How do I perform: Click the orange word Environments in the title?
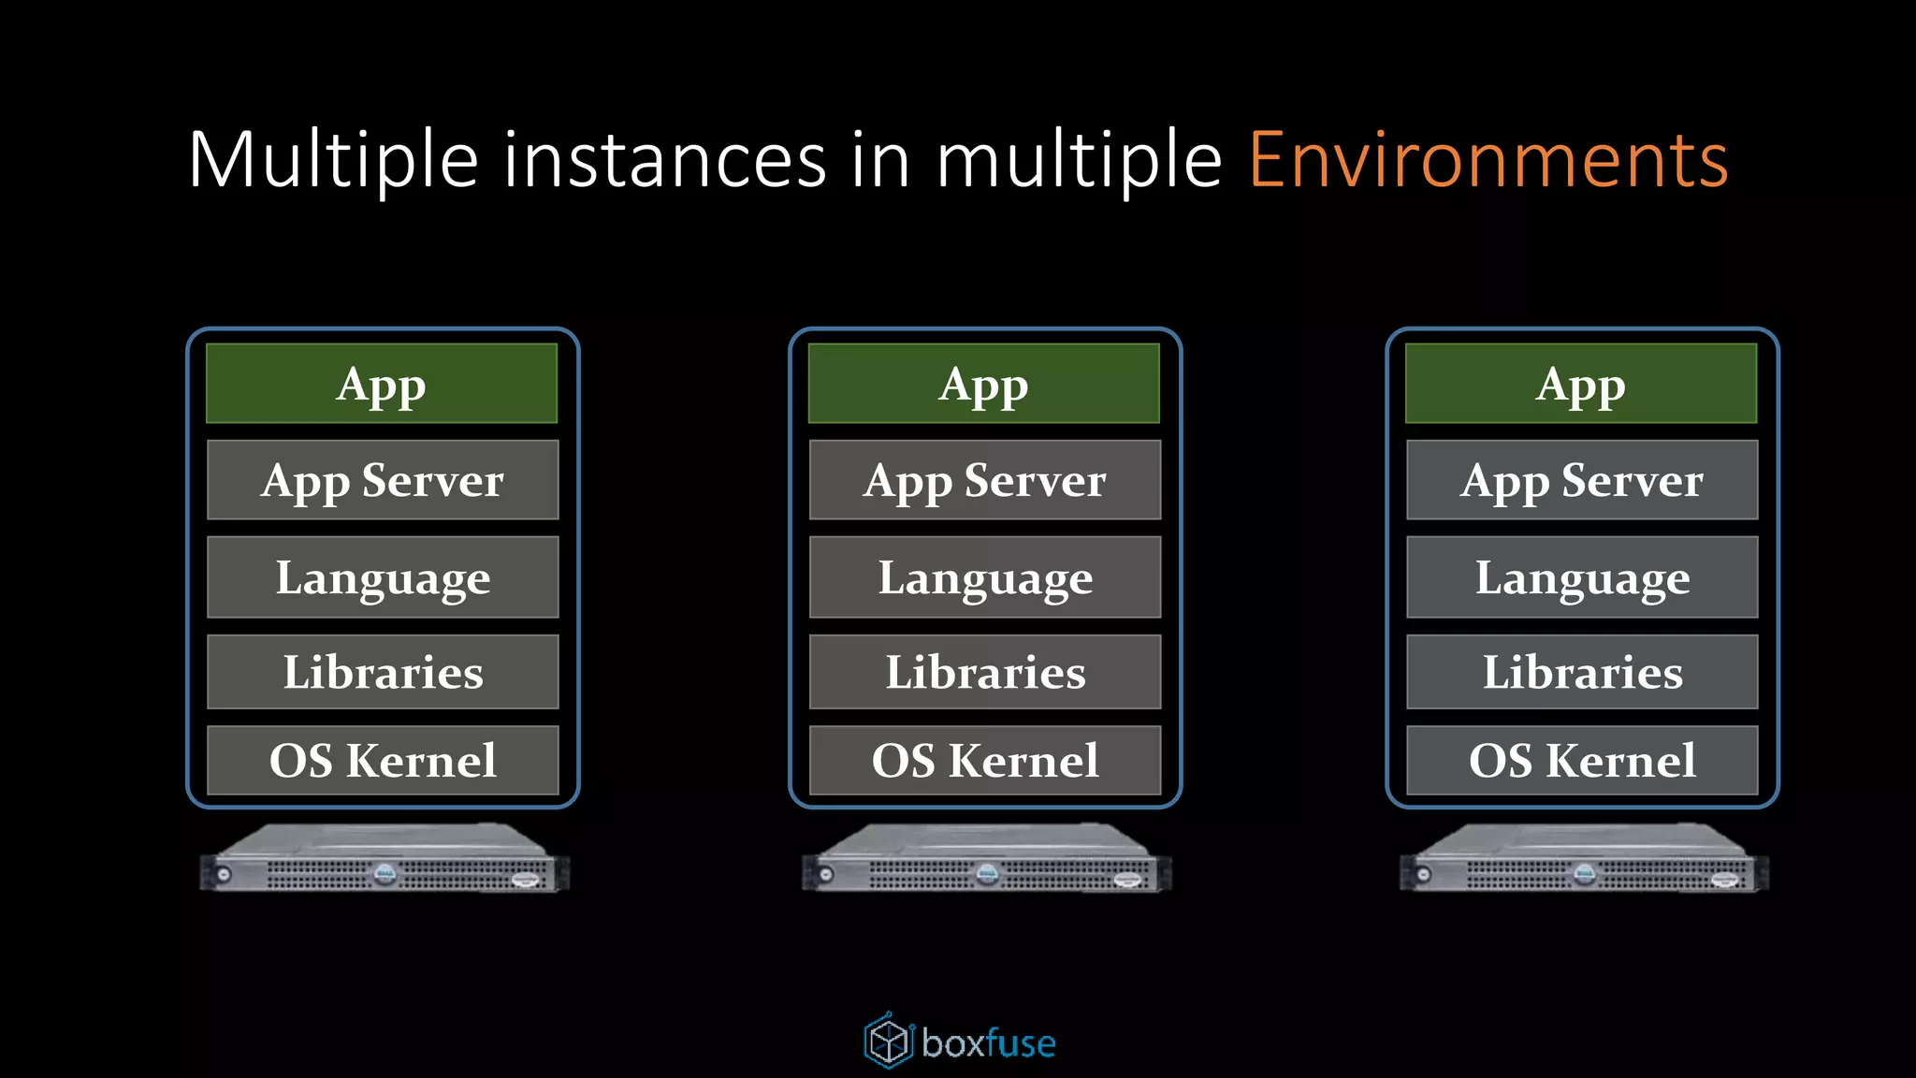click(1488, 161)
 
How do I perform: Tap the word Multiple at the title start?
click(333, 161)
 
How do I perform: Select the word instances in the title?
click(665, 161)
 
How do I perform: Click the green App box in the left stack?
click(382, 384)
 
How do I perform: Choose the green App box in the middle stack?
click(984, 384)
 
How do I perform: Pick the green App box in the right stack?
click(1581, 384)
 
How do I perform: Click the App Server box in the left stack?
click(383, 480)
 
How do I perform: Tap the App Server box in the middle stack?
click(985, 480)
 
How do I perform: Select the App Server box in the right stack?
click(1582, 480)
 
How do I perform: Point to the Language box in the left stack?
click(383, 577)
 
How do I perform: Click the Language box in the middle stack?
click(985, 577)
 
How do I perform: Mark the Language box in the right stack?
click(1582, 577)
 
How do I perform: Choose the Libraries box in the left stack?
click(383, 672)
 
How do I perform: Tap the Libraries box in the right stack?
click(1582, 672)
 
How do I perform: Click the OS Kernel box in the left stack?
click(383, 760)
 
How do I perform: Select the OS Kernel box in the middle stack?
click(985, 760)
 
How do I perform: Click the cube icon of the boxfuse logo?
click(888, 1041)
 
